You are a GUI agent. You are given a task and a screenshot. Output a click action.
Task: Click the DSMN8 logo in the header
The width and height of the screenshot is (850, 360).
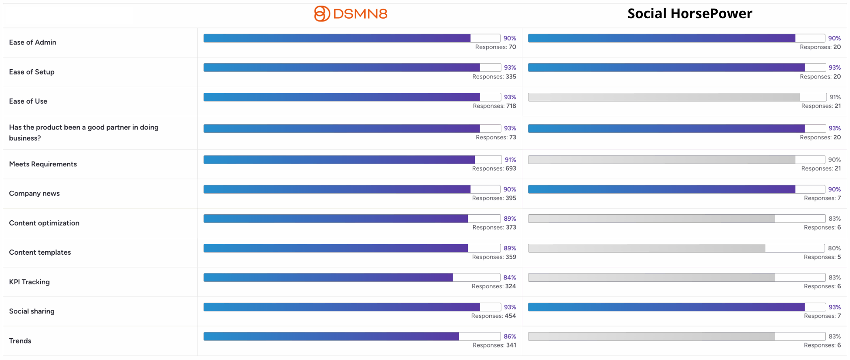[x=351, y=14]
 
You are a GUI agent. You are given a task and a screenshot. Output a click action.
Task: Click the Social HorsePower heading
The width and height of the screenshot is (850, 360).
[x=690, y=14]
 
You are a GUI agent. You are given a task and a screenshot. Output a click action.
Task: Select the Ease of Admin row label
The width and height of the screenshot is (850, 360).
[x=33, y=42]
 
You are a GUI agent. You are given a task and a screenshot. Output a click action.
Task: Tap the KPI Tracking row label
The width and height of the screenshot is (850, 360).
[x=30, y=282]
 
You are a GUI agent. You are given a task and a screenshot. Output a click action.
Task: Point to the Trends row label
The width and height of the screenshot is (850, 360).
[x=20, y=341]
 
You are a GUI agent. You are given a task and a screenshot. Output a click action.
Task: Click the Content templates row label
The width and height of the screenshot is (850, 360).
[x=40, y=252]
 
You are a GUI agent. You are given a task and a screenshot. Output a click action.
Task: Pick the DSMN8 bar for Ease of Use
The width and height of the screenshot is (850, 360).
[x=352, y=97]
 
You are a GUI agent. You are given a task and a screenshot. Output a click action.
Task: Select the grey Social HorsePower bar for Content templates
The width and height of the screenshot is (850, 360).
[x=676, y=248]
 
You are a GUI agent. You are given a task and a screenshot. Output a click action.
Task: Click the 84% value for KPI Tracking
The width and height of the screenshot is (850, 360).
[x=510, y=277]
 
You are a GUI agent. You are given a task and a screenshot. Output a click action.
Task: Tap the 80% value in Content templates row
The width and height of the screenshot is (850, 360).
[x=834, y=248]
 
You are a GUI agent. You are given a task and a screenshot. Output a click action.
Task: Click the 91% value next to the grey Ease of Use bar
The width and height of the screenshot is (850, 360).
[x=835, y=97]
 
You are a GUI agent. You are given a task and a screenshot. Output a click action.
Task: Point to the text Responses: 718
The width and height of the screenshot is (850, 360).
[x=494, y=106]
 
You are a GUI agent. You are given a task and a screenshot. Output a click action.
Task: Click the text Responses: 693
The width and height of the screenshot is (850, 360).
[x=494, y=168]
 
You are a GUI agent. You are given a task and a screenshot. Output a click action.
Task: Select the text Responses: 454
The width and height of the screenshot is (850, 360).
[x=493, y=316]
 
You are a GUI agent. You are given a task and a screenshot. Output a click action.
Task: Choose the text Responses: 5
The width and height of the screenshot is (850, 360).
[x=822, y=257]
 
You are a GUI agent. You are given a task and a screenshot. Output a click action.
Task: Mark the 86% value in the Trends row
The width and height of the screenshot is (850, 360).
[x=510, y=336]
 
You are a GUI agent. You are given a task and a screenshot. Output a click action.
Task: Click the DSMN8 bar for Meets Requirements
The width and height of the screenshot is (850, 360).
[x=353, y=160]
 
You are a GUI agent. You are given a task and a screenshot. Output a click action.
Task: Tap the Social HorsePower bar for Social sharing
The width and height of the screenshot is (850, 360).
[x=677, y=307]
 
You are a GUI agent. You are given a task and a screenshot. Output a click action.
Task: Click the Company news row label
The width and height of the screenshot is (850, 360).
[x=34, y=194]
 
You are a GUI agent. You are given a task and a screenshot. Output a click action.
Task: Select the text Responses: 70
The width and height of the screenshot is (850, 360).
[x=495, y=47]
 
